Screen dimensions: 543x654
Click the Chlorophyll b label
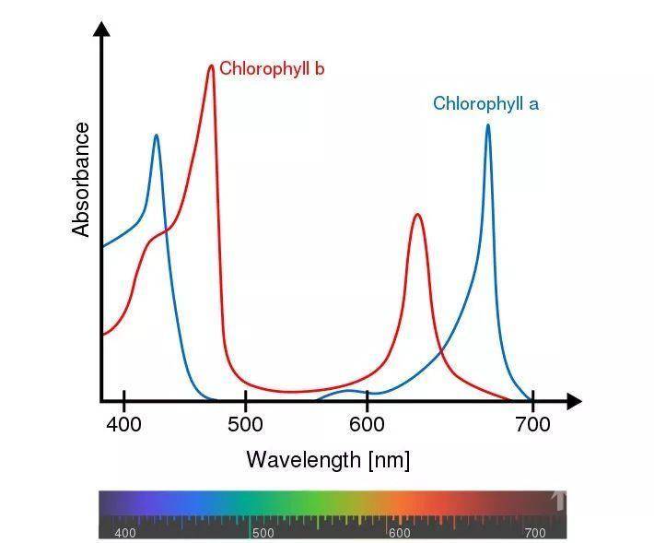271,69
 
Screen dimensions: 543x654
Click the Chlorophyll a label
485,103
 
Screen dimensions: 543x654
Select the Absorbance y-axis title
82,179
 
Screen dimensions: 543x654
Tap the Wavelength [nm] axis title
327,459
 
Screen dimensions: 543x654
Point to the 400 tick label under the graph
123,425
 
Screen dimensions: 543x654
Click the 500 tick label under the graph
245,425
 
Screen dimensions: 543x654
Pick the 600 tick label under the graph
367,425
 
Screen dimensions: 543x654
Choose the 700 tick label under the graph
532,425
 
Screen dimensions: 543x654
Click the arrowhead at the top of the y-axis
102,29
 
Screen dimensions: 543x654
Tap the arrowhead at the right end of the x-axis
574,401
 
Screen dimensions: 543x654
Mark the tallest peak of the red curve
211,66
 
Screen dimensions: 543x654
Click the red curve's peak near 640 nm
417,215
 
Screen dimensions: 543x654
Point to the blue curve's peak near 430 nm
156,136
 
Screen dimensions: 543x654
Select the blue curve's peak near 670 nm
487,125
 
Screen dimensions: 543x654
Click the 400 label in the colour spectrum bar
124,533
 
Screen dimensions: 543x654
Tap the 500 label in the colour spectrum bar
263,533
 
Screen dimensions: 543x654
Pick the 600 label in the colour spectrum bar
399,533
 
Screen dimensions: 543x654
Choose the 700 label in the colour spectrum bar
534,533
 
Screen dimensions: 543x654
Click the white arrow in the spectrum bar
557,501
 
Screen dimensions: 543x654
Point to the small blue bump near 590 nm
350,392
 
